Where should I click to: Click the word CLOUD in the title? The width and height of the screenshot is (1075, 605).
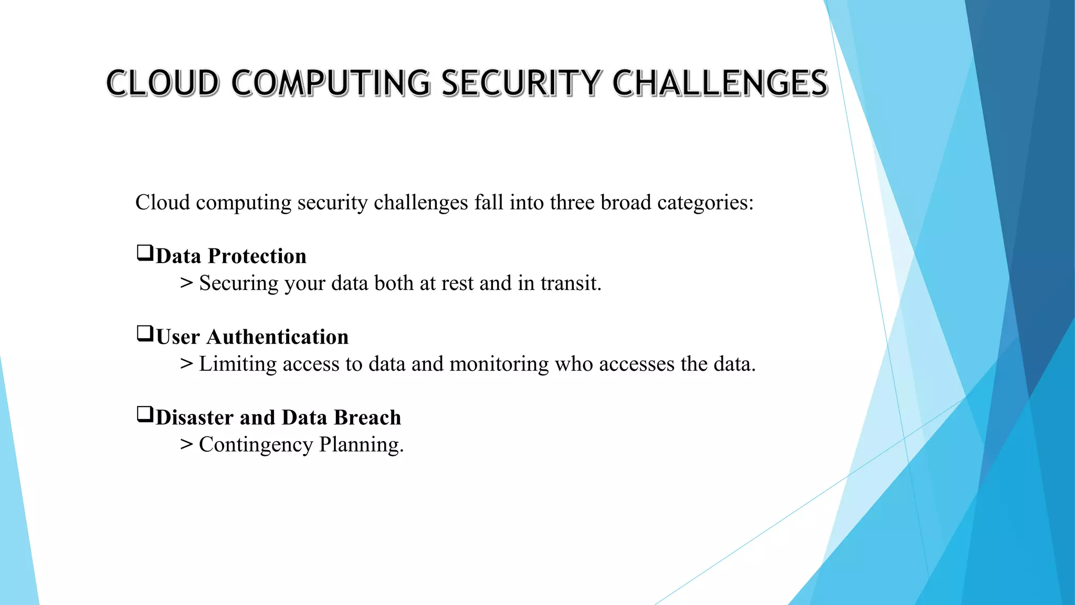pos(163,83)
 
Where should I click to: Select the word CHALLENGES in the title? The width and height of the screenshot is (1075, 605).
pos(720,83)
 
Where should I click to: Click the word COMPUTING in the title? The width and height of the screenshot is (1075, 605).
pos(330,83)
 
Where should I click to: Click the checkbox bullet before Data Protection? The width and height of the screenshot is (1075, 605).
pos(145,253)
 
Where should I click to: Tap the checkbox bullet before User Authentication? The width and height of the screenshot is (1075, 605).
pos(145,333)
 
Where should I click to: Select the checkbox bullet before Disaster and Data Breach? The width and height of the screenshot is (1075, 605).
pos(145,414)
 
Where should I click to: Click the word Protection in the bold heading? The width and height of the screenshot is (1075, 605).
pos(257,256)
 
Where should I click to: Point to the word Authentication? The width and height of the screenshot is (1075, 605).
pos(277,337)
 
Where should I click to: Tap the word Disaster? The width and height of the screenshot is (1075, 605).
pos(194,418)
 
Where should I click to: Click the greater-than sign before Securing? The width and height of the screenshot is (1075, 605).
pos(186,283)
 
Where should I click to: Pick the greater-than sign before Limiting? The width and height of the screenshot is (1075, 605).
pos(186,364)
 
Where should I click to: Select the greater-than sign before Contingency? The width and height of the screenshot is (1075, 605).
pos(186,445)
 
